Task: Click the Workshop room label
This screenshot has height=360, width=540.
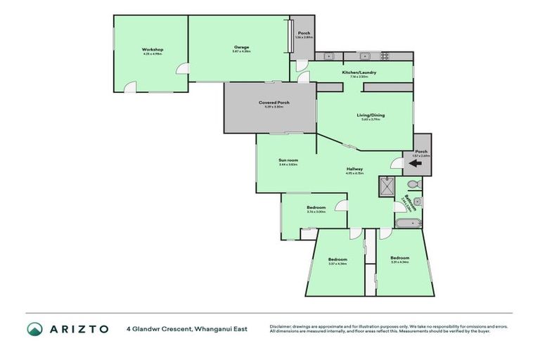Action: click(153, 49)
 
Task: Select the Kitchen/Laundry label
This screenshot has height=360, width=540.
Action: click(359, 72)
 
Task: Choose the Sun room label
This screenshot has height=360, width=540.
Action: click(288, 160)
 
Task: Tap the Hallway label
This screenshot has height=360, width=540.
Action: click(354, 168)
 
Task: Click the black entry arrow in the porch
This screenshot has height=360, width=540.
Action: click(416, 163)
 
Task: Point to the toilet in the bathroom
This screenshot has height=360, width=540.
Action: click(414, 184)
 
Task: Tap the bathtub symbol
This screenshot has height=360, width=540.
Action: click(408, 224)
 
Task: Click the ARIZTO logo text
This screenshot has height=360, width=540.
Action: click(77, 328)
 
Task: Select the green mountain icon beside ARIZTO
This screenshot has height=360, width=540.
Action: click(35, 328)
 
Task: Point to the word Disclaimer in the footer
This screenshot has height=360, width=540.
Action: click(280, 326)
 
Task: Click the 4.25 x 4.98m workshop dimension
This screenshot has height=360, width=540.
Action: click(153, 53)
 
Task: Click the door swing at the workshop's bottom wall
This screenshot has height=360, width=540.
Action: click(131, 88)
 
